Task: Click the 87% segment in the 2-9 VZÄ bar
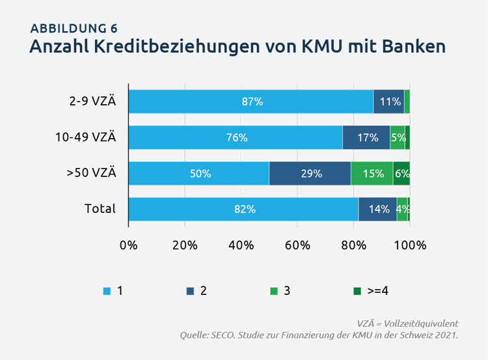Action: pyautogui.click(x=251, y=102)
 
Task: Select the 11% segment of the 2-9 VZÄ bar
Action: pyautogui.click(x=389, y=102)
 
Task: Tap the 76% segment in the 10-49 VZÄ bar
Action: pyautogui.click(x=236, y=137)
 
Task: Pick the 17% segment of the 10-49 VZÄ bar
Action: pyautogui.click(x=366, y=137)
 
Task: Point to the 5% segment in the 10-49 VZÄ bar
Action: pyautogui.click(x=398, y=137)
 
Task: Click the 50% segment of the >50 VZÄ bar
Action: pyautogui.click(x=199, y=173)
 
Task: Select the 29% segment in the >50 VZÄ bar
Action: pyautogui.click(x=310, y=173)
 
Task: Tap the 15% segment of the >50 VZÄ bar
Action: pyautogui.click(x=372, y=173)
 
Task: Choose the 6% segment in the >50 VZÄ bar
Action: pyautogui.click(x=401, y=173)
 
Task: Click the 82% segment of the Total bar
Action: pyautogui.click(x=243, y=209)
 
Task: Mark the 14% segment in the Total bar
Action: pyautogui.click(x=377, y=209)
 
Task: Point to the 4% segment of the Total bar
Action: pyautogui.click(x=402, y=209)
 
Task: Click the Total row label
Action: pyautogui.click(x=100, y=208)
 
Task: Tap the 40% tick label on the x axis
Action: pyautogui.click(x=241, y=245)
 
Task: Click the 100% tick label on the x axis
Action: pyautogui.click(x=411, y=245)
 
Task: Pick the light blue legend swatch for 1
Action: pyautogui.click(x=107, y=291)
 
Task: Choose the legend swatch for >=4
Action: pyautogui.click(x=357, y=291)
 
